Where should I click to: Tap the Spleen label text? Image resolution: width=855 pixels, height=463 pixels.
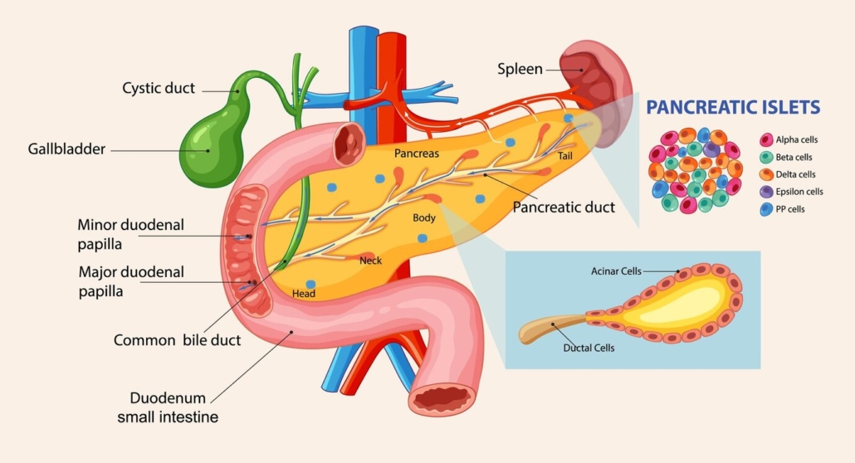(x=520, y=68)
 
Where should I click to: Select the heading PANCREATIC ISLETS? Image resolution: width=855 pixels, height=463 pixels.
(x=733, y=107)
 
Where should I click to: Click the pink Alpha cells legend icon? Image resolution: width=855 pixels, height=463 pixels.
(x=766, y=140)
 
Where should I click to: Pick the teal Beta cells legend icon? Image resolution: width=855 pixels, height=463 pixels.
(x=766, y=158)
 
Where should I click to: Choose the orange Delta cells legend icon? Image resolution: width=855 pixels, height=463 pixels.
(x=766, y=175)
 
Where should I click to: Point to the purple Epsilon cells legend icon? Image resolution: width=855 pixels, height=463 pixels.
(x=766, y=192)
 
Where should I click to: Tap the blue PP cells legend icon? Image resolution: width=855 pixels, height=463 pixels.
(x=766, y=209)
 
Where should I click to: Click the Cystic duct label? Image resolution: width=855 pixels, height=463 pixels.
(x=159, y=88)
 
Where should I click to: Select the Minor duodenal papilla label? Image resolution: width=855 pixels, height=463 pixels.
(x=130, y=234)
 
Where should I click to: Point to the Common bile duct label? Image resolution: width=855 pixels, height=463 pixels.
(x=177, y=340)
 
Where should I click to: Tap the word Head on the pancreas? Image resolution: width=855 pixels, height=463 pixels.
(x=304, y=294)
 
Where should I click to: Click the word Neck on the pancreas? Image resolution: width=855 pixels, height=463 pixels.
(x=370, y=261)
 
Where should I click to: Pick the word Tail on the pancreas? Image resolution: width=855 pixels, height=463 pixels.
(x=564, y=155)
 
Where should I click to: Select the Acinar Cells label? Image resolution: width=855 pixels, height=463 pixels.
(x=616, y=271)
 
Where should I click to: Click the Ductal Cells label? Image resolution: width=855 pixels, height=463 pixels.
(x=589, y=348)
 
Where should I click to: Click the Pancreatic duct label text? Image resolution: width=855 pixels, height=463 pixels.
(x=564, y=207)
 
